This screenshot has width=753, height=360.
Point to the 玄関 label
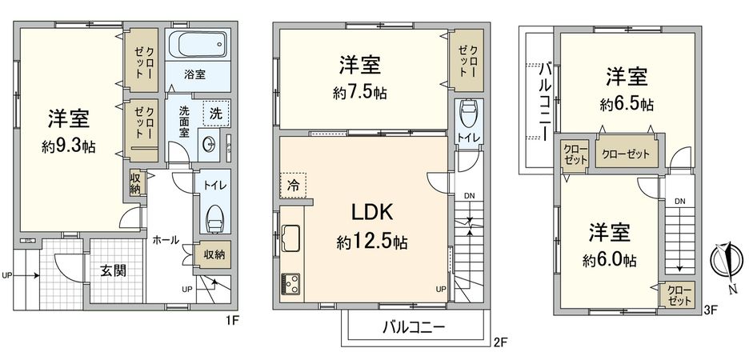click(x=113, y=270)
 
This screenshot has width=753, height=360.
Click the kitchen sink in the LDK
click(x=290, y=238)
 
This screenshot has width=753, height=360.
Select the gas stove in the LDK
click(x=290, y=283)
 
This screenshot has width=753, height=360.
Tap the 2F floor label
click(x=500, y=342)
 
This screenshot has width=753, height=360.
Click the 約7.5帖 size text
click(x=359, y=93)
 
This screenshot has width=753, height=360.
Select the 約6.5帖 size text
click(x=627, y=104)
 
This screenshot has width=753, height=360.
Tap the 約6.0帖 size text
click(x=610, y=260)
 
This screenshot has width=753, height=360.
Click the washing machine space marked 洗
click(x=216, y=114)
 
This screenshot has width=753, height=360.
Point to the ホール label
click(x=165, y=239)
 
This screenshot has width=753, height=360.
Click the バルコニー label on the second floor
click(x=412, y=327)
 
